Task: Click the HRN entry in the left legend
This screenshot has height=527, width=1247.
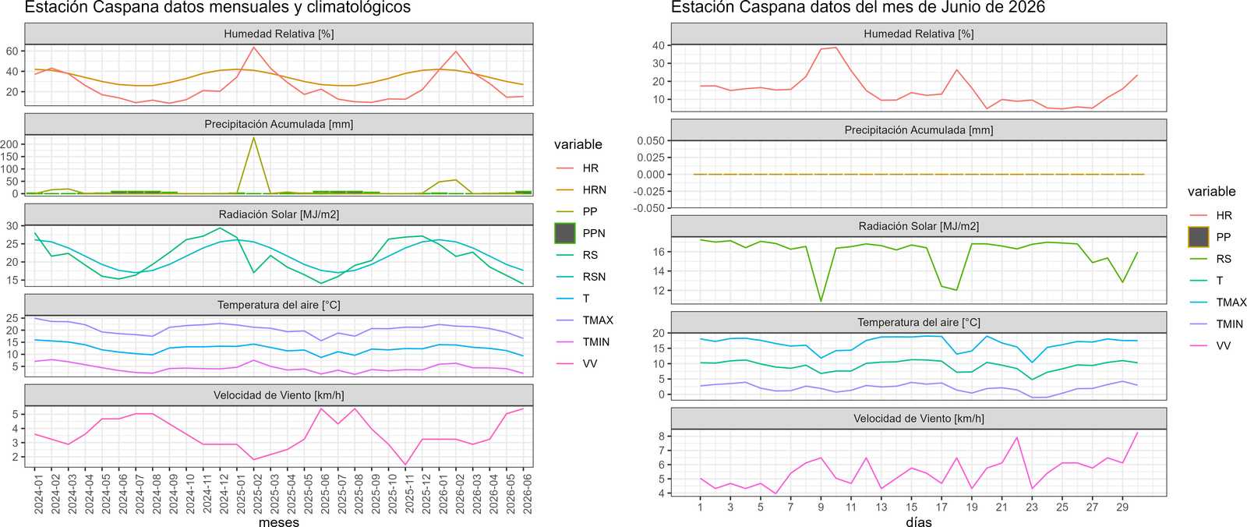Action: [x=594, y=190]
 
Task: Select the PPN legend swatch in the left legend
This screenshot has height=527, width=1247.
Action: [x=565, y=233]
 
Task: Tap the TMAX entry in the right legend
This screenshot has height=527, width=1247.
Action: [x=1231, y=302]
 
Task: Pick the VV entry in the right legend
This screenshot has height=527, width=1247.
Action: [x=1223, y=346]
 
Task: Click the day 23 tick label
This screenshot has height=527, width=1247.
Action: [x=1032, y=507]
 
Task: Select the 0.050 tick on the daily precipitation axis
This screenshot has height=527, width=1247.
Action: [x=651, y=141]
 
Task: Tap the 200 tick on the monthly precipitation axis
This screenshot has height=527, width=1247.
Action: [x=12, y=144]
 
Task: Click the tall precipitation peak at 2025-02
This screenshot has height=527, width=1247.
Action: [x=254, y=138]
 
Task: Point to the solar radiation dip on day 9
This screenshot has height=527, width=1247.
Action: [x=821, y=301]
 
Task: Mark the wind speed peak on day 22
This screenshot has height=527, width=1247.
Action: [x=1017, y=437]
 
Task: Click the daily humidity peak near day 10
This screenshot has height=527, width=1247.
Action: [x=835, y=48]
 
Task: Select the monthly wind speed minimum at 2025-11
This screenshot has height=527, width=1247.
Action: [x=406, y=464]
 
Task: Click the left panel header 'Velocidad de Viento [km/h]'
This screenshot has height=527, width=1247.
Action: [x=278, y=395]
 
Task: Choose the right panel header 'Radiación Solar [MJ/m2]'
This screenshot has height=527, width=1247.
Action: [x=919, y=227]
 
